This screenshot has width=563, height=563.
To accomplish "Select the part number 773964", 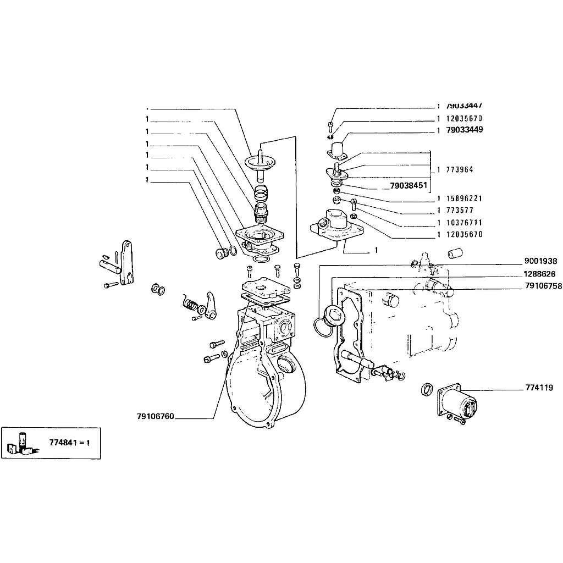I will click(460, 170).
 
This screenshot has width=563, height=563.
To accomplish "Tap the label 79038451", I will click(408, 186).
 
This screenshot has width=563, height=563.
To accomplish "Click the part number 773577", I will click(460, 211).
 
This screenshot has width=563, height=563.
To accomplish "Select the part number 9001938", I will click(540, 262).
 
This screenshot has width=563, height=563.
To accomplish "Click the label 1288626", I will click(539, 274).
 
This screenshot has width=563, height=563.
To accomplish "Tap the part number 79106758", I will click(543, 286).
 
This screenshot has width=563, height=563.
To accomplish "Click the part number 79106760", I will click(156, 416).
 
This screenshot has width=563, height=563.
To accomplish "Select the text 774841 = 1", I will click(69, 442).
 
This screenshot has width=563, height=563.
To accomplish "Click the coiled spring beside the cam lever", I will click(190, 304).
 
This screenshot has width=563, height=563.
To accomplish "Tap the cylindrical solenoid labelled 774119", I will click(461, 404).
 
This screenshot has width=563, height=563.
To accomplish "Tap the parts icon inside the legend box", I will click(21, 443).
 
